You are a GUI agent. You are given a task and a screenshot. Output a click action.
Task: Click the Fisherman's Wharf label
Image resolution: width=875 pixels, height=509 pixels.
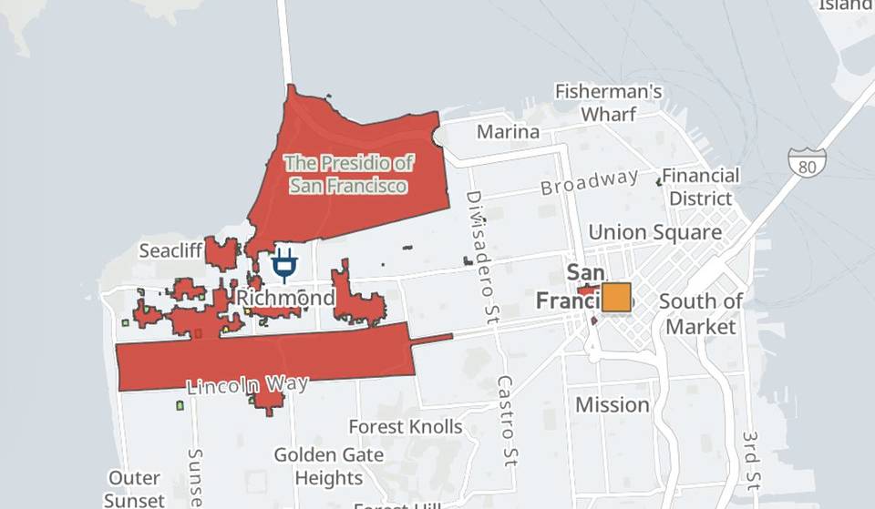(608, 103)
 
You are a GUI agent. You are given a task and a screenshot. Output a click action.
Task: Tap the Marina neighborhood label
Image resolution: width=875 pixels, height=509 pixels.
(509, 132)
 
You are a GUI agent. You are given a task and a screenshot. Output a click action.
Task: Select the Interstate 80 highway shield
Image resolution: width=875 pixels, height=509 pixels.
(808, 162)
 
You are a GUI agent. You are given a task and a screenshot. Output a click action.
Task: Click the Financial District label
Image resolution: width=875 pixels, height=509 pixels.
(700, 187)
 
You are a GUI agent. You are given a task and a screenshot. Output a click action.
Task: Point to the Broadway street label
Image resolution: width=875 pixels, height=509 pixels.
(589, 182)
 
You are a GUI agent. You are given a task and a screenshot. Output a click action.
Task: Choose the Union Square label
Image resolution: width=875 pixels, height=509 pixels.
(654, 232)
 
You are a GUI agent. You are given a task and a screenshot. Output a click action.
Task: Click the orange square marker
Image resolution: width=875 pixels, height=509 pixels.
(616, 298)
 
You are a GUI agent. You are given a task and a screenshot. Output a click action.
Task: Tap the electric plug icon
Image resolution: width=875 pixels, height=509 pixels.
(284, 264)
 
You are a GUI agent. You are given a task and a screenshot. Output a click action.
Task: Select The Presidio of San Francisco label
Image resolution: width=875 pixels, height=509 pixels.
(347, 174)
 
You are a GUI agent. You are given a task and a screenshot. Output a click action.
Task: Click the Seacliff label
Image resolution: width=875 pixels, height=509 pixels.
(170, 249)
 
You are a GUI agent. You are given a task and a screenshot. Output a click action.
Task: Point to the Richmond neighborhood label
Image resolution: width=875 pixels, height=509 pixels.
(285, 298)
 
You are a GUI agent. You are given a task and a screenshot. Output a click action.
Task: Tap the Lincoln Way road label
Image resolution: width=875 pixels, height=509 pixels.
(246, 384)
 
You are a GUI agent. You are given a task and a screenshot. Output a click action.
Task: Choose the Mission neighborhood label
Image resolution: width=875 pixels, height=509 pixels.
(612, 404)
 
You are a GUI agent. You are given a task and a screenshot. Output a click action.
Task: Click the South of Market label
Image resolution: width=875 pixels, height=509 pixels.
(701, 313)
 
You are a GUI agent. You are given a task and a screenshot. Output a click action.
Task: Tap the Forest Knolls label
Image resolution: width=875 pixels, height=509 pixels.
(406, 426)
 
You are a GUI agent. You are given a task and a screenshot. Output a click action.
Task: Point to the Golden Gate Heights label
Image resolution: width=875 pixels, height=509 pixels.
(329, 465)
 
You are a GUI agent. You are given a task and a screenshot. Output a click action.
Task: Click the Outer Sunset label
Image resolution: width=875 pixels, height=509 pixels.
(134, 489)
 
